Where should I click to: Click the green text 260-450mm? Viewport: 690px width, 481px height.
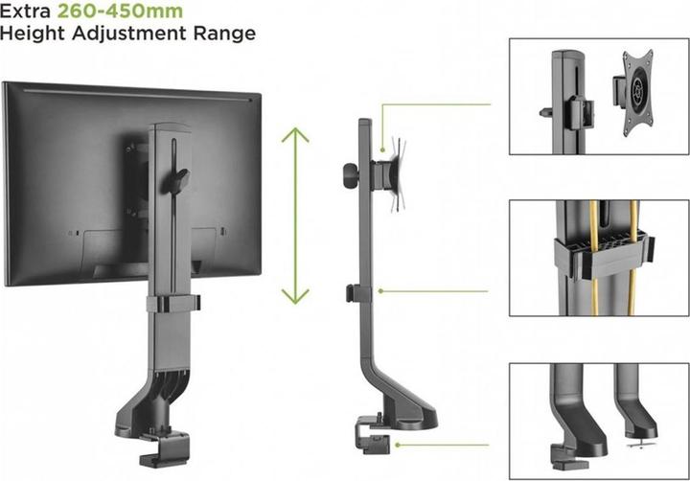click(120, 11)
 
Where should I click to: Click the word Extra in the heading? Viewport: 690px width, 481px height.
click(25, 11)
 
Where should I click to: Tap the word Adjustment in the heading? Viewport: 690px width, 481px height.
click(129, 34)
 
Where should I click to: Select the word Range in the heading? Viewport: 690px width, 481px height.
click(224, 34)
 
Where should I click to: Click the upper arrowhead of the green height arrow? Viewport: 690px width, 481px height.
click(295, 134)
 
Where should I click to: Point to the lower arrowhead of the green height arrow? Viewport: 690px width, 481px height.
click(295, 297)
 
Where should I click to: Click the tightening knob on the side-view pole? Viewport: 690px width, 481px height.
click(351, 174)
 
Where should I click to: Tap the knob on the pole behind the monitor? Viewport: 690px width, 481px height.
click(178, 180)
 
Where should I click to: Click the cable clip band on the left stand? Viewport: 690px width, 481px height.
click(173, 304)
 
